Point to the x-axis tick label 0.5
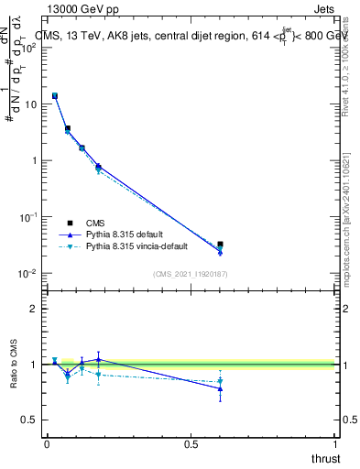191,444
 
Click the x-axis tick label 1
337,444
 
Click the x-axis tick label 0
47,444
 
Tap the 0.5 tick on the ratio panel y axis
29,420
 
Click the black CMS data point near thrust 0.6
220,245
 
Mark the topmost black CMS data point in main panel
55,95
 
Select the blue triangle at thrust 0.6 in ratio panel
220,388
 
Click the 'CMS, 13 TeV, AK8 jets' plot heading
110,36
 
